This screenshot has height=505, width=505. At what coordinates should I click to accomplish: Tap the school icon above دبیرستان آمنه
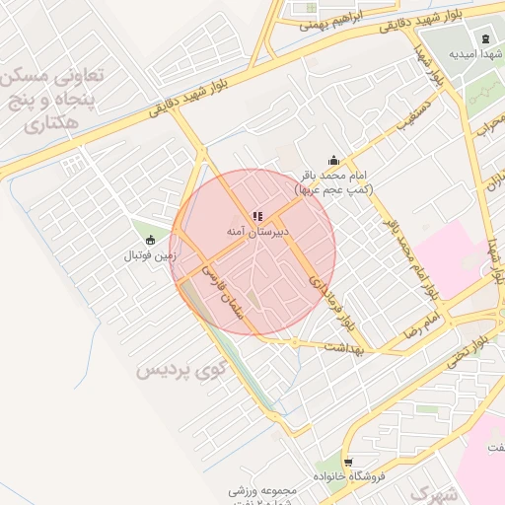click(x=257, y=215)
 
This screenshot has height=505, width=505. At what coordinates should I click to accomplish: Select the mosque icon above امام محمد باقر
click(x=333, y=161)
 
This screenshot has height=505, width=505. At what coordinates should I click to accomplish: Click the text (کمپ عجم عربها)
click(x=333, y=187)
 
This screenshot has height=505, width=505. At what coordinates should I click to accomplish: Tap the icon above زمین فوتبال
click(x=150, y=240)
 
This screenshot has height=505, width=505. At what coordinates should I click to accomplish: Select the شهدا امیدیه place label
click(x=476, y=53)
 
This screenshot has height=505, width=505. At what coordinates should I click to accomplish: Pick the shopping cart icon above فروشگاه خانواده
click(x=347, y=461)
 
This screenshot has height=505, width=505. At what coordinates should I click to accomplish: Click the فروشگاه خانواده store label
click(x=347, y=477)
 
